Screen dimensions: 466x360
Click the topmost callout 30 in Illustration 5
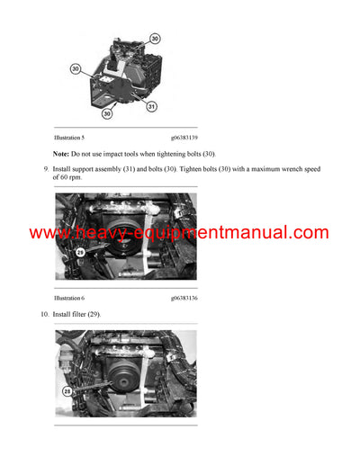pyautogui.click(x=155, y=39)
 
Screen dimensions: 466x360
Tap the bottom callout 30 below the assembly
pyautogui.click(x=107, y=114)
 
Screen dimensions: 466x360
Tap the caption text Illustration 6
pyautogui.click(x=69, y=296)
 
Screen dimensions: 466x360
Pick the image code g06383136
pyautogui.click(x=183, y=296)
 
